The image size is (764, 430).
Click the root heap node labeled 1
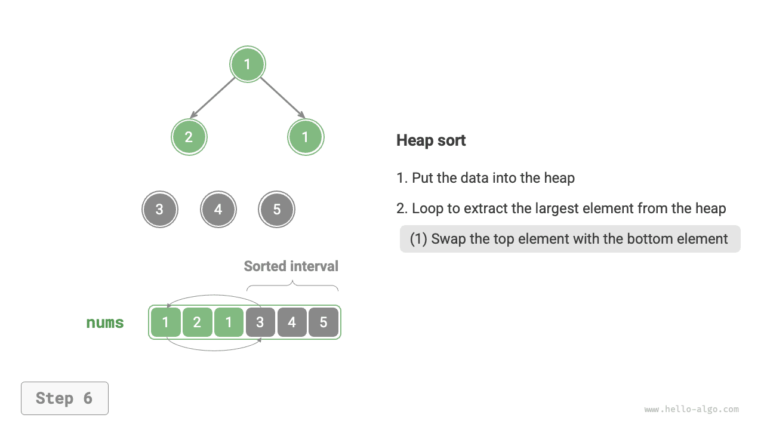[248, 64]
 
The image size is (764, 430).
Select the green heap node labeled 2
[189, 137]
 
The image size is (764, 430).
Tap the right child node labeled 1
[306, 137]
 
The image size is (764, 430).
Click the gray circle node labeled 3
[159, 210]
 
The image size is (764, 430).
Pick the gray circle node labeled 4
[218, 210]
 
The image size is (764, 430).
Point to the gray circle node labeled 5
[276, 210]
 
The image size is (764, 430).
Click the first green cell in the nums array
[165, 322]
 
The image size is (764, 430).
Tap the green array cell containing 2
[197, 322]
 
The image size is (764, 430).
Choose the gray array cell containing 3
[260, 322]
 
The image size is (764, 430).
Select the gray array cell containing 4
[292, 322]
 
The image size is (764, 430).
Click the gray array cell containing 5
[324, 322]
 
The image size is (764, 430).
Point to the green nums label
[105, 322]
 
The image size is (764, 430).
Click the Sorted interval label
[291, 266]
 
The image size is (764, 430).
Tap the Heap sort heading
[431, 140]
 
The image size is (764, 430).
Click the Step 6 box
[64, 398]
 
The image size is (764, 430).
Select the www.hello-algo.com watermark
[691, 410]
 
